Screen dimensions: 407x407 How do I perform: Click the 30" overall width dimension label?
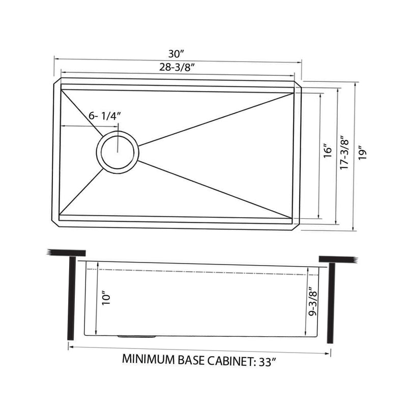[x=178, y=53]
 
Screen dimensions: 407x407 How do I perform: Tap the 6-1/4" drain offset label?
[x=104, y=115]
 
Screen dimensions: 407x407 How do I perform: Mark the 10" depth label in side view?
[x=106, y=298]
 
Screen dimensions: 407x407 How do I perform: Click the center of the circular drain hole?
[x=118, y=153]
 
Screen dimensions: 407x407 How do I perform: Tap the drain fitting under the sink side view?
[x=136, y=336]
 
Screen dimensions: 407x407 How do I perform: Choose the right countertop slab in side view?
[x=338, y=260]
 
